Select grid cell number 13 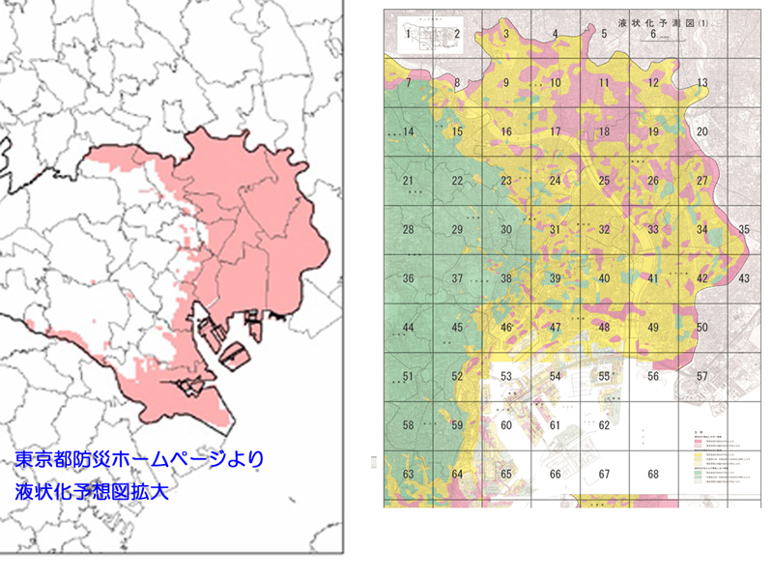[x=702, y=83]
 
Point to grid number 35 [x=743, y=229]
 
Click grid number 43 [x=743, y=278]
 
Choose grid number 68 [x=654, y=474]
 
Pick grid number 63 [x=409, y=474]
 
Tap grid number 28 [x=409, y=229]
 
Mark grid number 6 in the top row [x=654, y=35]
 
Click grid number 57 [x=702, y=376]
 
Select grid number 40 [x=605, y=278]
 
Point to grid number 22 [x=458, y=181]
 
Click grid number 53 [x=506, y=376]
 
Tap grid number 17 [x=556, y=131]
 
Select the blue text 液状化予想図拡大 [x=92, y=491]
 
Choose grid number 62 [x=605, y=424]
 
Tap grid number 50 [x=702, y=328]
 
